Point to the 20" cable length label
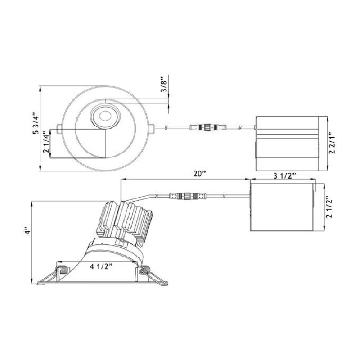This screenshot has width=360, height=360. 199,174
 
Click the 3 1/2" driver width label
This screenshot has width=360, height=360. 284,176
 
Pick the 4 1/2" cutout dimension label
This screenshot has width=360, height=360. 101,266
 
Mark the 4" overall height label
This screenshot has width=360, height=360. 27,231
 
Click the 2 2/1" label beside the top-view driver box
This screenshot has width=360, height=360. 332,143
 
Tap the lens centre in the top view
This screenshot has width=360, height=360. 105,116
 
